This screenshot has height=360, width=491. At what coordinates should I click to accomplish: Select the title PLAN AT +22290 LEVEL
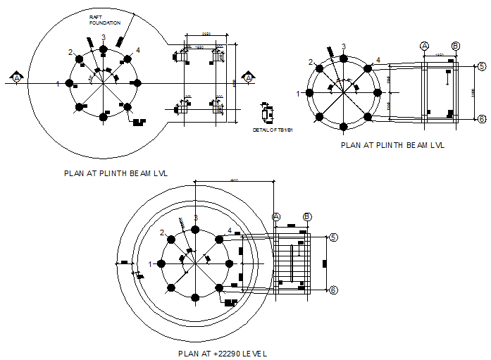[x=223, y=354]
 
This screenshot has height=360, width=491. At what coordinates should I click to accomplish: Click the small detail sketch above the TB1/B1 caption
[x=266, y=114]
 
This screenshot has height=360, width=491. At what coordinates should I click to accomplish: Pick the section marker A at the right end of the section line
[x=248, y=77]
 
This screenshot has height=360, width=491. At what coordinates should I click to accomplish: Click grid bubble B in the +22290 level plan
[x=307, y=217]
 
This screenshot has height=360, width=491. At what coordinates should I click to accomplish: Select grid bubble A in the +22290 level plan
[x=276, y=217]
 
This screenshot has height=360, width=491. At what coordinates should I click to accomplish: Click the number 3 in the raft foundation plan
[x=103, y=37]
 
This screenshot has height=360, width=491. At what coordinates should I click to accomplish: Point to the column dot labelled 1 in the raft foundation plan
[x=69, y=83]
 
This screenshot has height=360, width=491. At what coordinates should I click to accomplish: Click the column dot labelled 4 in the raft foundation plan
[x=128, y=58]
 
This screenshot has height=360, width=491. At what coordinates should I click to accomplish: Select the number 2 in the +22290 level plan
[x=162, y=232]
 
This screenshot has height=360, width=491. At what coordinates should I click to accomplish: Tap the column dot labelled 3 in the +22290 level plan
[x=195, y=230]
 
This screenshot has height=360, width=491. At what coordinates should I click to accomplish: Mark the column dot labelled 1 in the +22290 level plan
[x=161, y=263]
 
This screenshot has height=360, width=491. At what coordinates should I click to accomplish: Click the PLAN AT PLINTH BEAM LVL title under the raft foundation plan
[x=116, y=171]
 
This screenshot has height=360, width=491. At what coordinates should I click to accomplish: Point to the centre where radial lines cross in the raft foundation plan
[x=104, y=83]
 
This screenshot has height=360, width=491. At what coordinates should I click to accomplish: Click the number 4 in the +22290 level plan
[x=230, y=230]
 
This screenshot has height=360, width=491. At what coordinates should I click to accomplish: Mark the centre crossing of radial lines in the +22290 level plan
[x=195, y=263]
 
